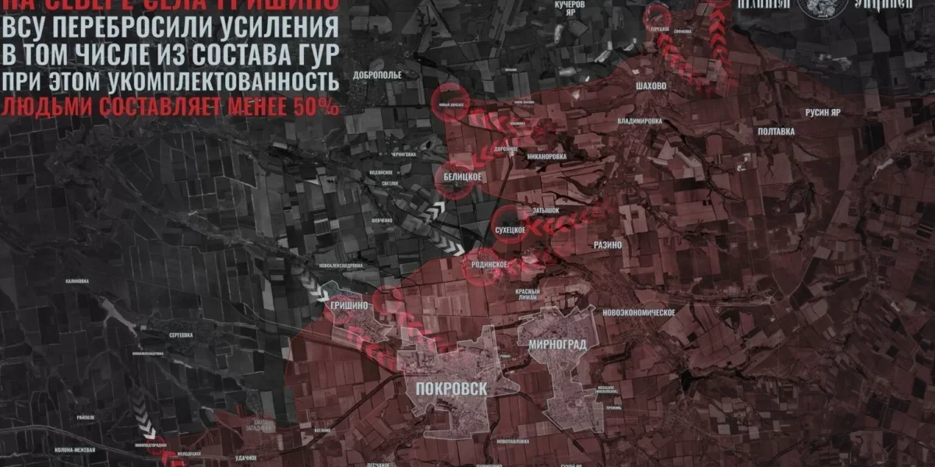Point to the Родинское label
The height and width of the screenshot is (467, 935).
click(x=488, y=265)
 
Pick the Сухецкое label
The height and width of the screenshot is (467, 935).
click(x=512, y=231)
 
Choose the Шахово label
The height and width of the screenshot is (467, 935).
click(x=651, y=86)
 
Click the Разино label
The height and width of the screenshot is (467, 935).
click(x=607, y=244)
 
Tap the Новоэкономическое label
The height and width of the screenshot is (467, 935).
click(x=638, y=311)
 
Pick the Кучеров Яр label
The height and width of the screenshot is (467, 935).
click(x=569, y=9)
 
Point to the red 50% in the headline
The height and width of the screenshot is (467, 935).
click(x=319, y=106)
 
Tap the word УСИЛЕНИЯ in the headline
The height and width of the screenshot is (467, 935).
click(x=280, y=27)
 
